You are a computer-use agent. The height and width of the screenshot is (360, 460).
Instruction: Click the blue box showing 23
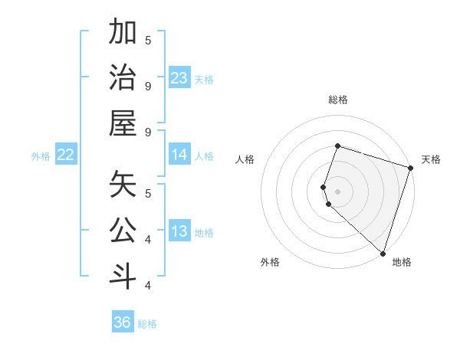(179, 77)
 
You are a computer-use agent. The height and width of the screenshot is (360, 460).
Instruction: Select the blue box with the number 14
(179, 155)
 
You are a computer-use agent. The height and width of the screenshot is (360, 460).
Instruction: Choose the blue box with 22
(65, 155)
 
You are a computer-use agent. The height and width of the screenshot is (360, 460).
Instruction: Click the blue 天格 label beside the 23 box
(204, 79)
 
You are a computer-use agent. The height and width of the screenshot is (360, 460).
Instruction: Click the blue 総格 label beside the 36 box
(147, 324)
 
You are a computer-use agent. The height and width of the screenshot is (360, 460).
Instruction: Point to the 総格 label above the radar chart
(338, 100)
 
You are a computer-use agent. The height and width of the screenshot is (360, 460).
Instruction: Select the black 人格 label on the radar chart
(245, 159)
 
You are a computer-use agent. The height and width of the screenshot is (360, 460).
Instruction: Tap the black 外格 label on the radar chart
(270, 262)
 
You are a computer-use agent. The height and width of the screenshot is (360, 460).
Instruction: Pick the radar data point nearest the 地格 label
(382, 253)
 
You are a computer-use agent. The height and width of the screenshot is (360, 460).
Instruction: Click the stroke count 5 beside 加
(148, 39)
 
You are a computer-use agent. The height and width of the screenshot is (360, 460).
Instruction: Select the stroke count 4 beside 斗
(148, 286)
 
